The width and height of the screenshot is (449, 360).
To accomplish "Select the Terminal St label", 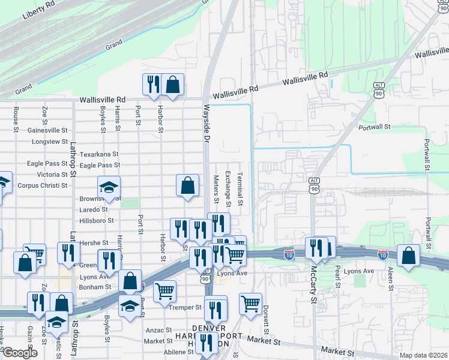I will click(x=239, y=188).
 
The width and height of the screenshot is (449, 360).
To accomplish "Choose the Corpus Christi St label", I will click(x=42, y=185).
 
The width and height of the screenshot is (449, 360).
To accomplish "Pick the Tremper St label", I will click(x=185, y=307).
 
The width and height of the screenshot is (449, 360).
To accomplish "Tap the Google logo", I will click(x=20, y=353).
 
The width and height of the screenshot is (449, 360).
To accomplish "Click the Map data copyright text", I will click(x=423, y=355).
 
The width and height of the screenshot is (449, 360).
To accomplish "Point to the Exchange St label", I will click(x=228, y=187).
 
